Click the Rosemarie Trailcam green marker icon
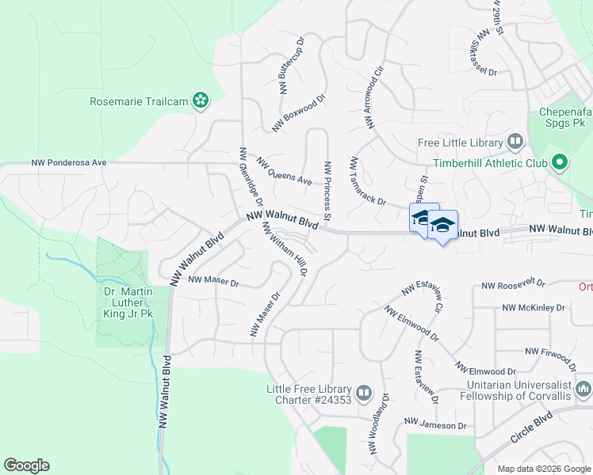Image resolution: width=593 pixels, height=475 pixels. point(201,101)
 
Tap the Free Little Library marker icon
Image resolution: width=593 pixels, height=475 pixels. point(515,142)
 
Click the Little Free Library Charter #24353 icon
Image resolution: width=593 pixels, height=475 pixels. point(364,393)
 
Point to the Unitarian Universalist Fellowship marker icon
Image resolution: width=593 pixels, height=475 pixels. point(584,389)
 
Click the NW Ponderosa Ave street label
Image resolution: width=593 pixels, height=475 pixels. point(69,163)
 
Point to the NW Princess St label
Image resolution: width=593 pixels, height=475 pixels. point(327,191)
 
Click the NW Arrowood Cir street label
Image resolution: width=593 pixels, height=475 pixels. point(374,98)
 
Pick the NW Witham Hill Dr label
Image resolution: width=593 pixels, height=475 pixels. point(285,249)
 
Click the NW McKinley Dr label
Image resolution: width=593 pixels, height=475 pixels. point(532,307)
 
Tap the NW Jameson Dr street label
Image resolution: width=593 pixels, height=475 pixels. point(435,425)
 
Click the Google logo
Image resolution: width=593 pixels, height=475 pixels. point(26,465)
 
